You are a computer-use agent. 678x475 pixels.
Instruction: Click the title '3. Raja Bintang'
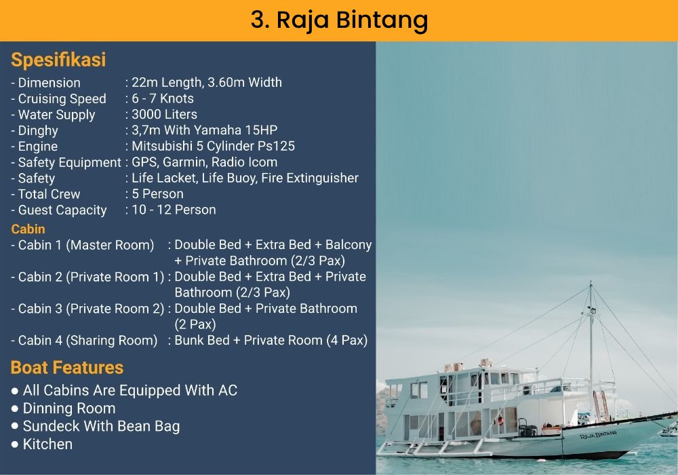340,20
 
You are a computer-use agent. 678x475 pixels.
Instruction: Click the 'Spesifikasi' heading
58,60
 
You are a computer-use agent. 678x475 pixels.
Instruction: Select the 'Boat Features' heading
67,367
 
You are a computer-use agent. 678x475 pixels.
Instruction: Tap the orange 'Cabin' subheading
28,229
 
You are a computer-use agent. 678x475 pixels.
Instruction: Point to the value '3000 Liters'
164,114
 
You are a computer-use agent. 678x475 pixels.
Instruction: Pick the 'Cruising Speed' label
62,99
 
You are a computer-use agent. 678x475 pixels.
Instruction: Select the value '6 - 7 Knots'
163,98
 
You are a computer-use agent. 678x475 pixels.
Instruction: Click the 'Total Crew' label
49,194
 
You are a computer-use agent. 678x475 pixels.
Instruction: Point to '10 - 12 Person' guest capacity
174,210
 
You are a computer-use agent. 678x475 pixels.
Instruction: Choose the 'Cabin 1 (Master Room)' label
86,245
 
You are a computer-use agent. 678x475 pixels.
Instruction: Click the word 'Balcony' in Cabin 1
348,245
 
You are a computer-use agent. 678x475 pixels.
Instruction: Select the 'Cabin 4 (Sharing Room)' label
87,341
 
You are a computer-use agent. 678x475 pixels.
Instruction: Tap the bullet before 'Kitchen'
15,444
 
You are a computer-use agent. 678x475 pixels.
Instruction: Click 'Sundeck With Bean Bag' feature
101,427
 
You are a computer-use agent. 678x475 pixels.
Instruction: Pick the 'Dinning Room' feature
69,408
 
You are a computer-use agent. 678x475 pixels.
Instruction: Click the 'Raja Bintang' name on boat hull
599,434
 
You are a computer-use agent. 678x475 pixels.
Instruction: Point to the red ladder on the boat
601,406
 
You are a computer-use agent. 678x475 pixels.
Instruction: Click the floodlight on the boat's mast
591,310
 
